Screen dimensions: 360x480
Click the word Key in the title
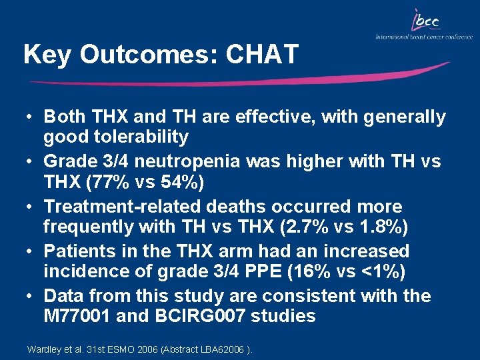pos(45,55)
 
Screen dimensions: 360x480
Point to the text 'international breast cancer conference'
pos(424,37)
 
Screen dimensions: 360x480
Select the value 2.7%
pos(307,227)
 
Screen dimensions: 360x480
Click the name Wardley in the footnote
pos(43,349)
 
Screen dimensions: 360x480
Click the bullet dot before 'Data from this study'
pos(31,296)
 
